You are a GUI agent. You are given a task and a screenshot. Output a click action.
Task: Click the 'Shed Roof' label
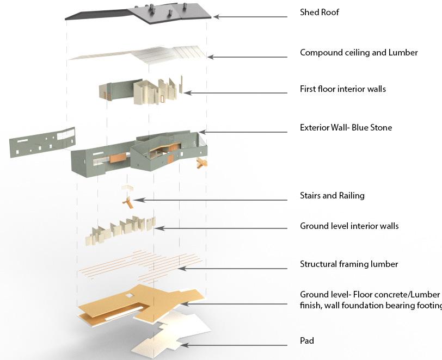[x=320, y=12]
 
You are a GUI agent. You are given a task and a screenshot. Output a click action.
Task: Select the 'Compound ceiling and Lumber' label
[x=359, y=53]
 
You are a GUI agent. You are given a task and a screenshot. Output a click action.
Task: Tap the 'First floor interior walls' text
[x=342, y=89]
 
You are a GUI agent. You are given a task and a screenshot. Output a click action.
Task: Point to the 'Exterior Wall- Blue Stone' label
[x=346, y=128]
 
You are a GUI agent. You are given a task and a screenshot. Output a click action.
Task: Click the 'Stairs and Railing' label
[x=332, y=195]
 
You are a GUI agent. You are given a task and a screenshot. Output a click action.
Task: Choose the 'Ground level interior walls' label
[x=349, y=226]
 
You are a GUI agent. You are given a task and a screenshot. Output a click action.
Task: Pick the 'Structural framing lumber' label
[x=349, y=264]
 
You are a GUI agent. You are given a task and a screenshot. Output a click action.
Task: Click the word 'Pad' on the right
[x=307, y=341]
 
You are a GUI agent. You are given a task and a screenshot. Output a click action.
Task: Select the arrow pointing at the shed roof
[x=250, y=17]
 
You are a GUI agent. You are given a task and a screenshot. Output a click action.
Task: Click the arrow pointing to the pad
[x=234, y=345]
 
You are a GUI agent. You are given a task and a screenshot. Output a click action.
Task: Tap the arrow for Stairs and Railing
[x=212, y=200]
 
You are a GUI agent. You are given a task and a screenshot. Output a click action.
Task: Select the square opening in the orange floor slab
[x=129, y=296]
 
